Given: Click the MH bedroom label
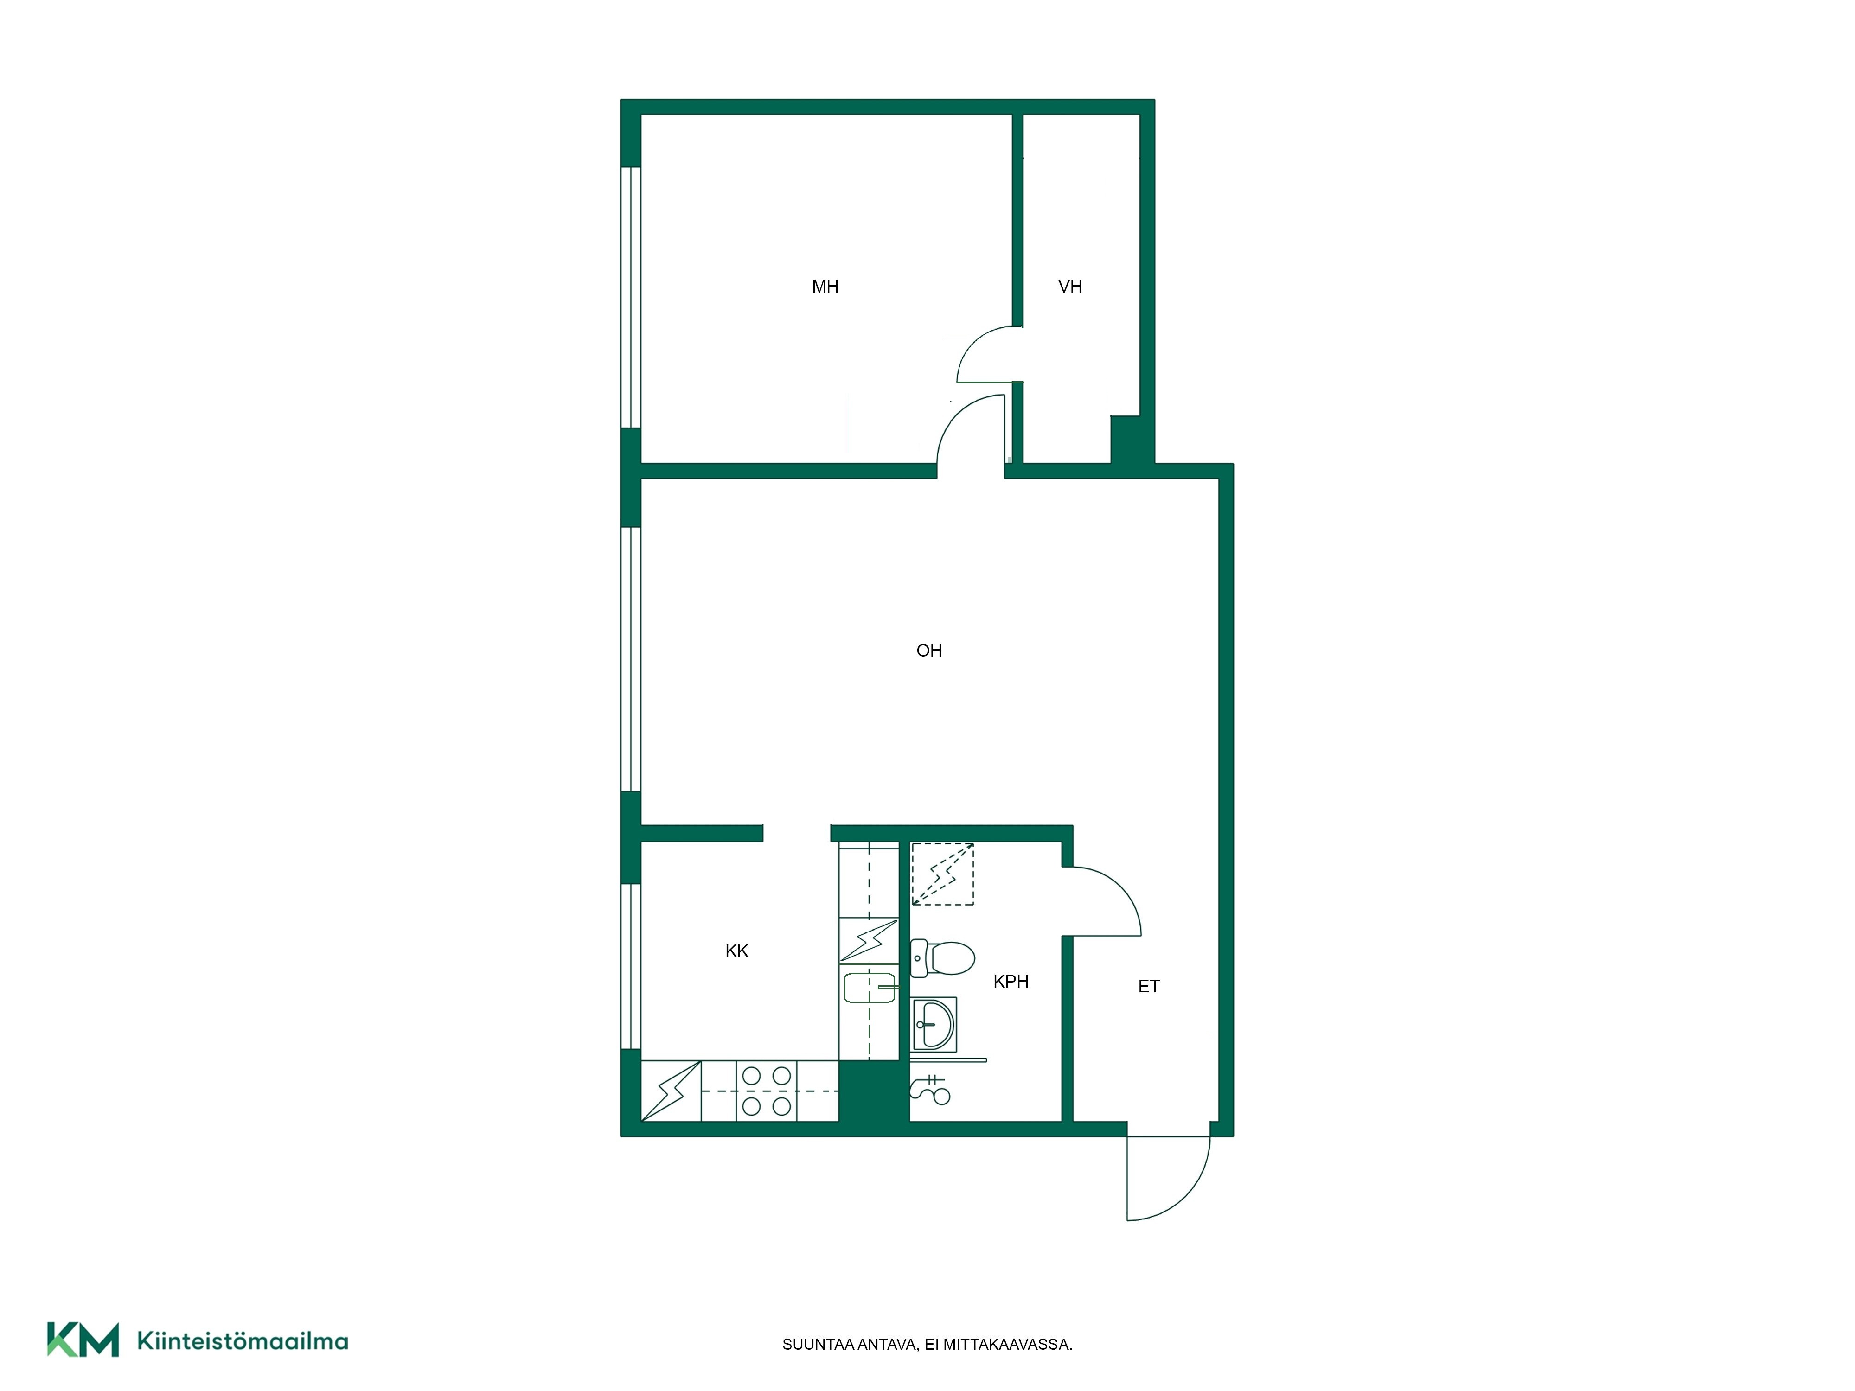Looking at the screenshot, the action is click(825, 287).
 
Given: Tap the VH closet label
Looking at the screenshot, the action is click(1070, 287).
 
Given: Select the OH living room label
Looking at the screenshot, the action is click(929, 651).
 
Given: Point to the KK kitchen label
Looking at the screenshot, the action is click(736, 951).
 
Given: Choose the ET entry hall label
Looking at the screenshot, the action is click(1149, 987).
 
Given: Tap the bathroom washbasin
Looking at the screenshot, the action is click(934, 1024).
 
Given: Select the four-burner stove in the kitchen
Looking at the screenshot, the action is click(767, 1091).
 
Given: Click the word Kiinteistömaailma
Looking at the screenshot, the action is click(243, 1341).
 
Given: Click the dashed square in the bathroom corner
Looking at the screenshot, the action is click(943, 874).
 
